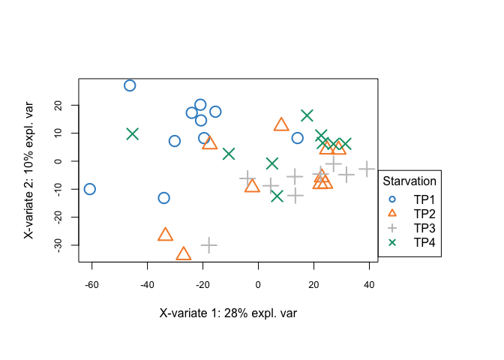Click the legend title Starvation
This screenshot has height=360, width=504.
(409, 181)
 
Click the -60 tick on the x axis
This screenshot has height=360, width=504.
(91, 284)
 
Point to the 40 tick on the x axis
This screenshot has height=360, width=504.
(369, 284)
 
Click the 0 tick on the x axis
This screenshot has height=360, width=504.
(258, 284)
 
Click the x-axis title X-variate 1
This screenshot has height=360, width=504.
(228, 313)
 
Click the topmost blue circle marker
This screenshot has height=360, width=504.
(130, 85)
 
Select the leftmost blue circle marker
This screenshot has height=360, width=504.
(89, 189)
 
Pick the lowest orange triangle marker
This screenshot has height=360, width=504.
(184, 254)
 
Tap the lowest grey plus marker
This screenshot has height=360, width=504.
(208, 244)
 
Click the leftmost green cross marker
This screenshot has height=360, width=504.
(132, 133)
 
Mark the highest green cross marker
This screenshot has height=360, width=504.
(307, 115)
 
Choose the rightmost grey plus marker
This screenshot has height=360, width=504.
(367, 169)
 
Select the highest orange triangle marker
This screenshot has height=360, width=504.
(281, 125)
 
